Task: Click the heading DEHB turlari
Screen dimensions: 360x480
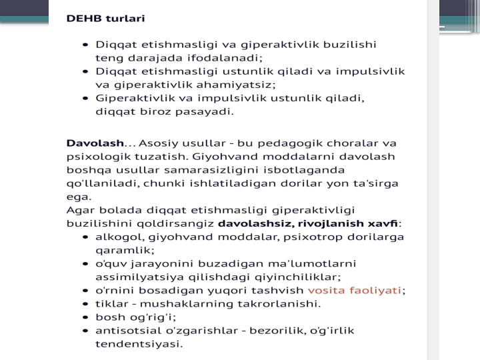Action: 105,19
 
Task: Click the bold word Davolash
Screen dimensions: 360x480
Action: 95,143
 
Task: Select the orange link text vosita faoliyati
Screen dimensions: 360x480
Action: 355,290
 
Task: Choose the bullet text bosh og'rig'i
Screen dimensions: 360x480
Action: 135,317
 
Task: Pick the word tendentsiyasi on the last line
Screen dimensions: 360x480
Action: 138,344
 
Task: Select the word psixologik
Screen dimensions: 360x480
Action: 95,157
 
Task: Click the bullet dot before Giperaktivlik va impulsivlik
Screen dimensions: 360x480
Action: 85,99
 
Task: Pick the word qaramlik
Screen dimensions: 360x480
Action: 124,250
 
